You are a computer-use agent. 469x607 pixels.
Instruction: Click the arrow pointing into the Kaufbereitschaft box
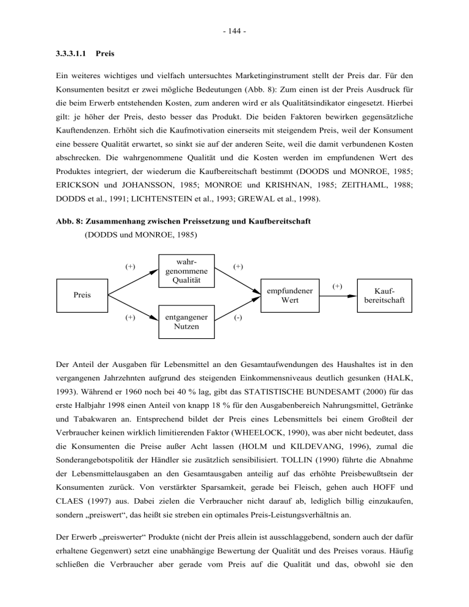coord(343,295)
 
